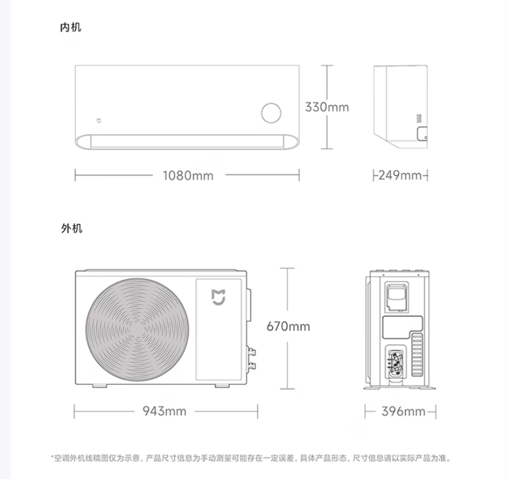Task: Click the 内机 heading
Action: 70,27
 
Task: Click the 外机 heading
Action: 72,228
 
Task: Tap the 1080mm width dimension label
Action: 188,176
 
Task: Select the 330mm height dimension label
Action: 327,107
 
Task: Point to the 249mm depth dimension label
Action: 400,176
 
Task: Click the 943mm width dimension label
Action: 165,411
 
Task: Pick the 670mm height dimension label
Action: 288,327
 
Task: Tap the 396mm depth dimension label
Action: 404,411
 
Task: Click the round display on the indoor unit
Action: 271,113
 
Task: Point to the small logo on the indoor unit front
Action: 99,121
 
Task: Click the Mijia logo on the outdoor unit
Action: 219,297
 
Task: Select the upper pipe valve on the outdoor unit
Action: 251,352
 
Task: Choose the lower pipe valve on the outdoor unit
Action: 251,366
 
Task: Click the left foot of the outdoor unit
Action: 99,386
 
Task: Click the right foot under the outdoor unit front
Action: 222,386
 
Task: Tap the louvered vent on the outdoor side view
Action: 417,355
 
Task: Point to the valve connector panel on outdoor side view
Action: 396,363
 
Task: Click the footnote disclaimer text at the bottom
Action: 251,458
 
